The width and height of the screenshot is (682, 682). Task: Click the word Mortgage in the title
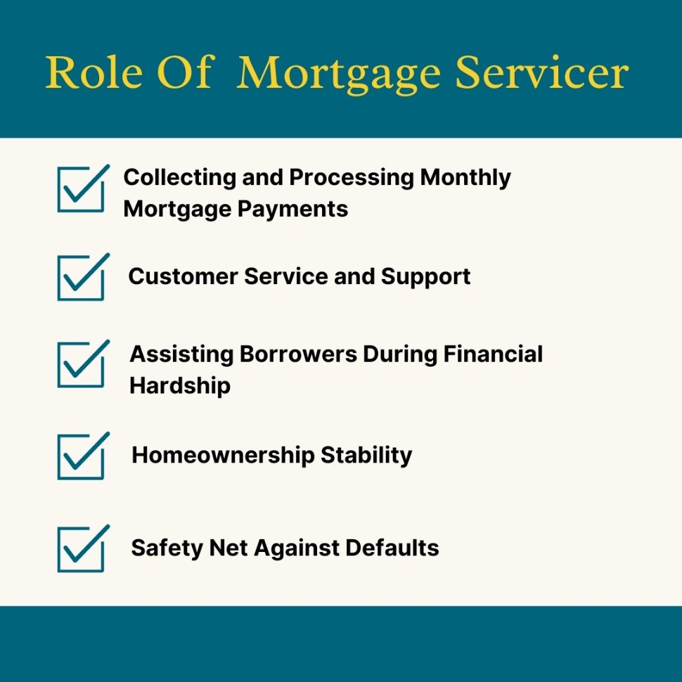pos(338,75)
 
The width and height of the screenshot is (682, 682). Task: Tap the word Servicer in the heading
pos(541,72)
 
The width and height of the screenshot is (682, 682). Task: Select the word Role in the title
pos(94,72)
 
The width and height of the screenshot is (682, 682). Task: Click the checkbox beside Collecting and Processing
pos(81,190)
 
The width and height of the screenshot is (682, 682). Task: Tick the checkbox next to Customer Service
pos(81,278)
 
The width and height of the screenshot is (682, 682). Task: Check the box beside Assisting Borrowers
pos(81,365)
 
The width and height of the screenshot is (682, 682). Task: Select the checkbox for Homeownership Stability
pos(81,457)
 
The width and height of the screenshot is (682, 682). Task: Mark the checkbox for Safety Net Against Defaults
pos(81,550)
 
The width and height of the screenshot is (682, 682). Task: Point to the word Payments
pos(292,210)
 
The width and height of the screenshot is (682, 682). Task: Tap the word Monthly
pos(465,179)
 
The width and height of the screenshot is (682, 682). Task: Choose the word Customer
pos(183,276)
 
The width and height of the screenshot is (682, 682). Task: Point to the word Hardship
pos(180,387)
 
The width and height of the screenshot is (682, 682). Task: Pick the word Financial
pos(494,354)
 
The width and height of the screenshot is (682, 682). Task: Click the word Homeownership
pos(223,456)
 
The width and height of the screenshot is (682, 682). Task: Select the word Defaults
pos(392,548)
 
